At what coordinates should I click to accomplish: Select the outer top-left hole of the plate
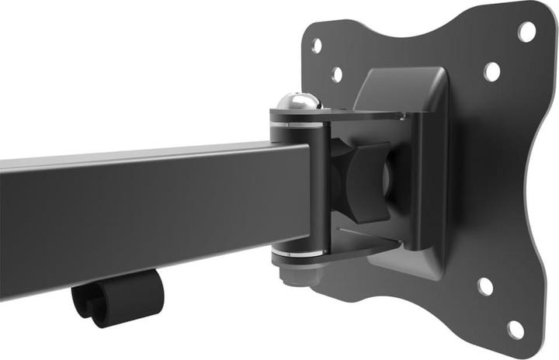point(317,45)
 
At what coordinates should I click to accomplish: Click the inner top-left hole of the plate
point(337,74)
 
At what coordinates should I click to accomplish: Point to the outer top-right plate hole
point(526,32)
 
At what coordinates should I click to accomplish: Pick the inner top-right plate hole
point(492,71)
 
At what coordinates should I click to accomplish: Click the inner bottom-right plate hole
point(485,286)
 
